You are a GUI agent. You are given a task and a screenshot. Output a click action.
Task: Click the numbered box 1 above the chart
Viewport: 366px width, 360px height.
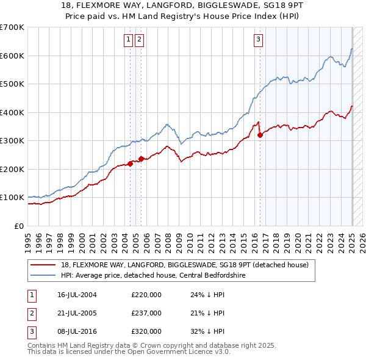click(129, 40)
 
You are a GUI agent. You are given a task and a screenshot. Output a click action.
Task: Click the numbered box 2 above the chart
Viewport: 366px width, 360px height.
click(140, 40)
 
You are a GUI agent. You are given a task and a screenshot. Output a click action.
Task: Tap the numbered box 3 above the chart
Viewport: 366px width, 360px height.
click(259, 40)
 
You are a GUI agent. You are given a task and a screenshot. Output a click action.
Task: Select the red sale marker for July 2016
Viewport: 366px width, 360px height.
click(260, 135)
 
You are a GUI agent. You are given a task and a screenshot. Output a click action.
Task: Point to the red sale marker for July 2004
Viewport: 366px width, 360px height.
click(131, 164)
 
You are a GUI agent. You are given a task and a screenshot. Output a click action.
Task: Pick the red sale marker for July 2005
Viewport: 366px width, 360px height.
click(142, 159)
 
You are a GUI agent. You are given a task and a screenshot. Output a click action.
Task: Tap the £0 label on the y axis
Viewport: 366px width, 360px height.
click(19, 226)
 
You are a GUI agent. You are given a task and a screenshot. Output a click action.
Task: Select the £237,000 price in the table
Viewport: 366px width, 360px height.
click(146, 313)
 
